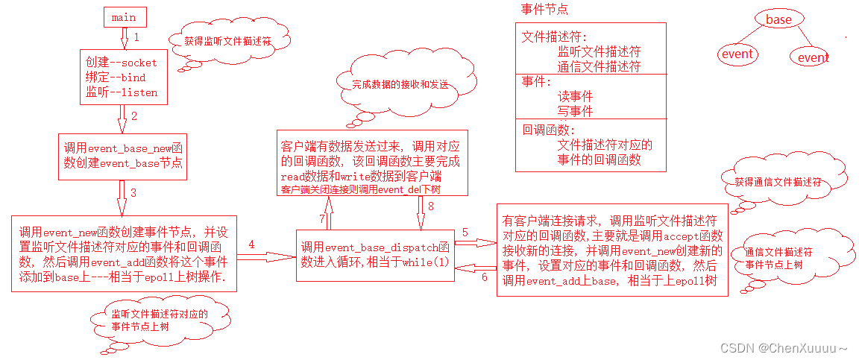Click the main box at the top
point(123,17)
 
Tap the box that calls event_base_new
point(122,157)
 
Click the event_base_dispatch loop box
point(375,254)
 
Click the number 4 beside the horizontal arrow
point(252,244)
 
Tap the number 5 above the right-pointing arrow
point(465,233)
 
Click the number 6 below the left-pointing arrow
point(484,277)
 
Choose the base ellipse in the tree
point(778,20)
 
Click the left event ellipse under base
point(737,54)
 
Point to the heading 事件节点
point(544,10)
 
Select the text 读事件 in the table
point(575,97)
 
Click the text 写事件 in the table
point(575,111)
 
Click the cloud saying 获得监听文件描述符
point(227,42)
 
